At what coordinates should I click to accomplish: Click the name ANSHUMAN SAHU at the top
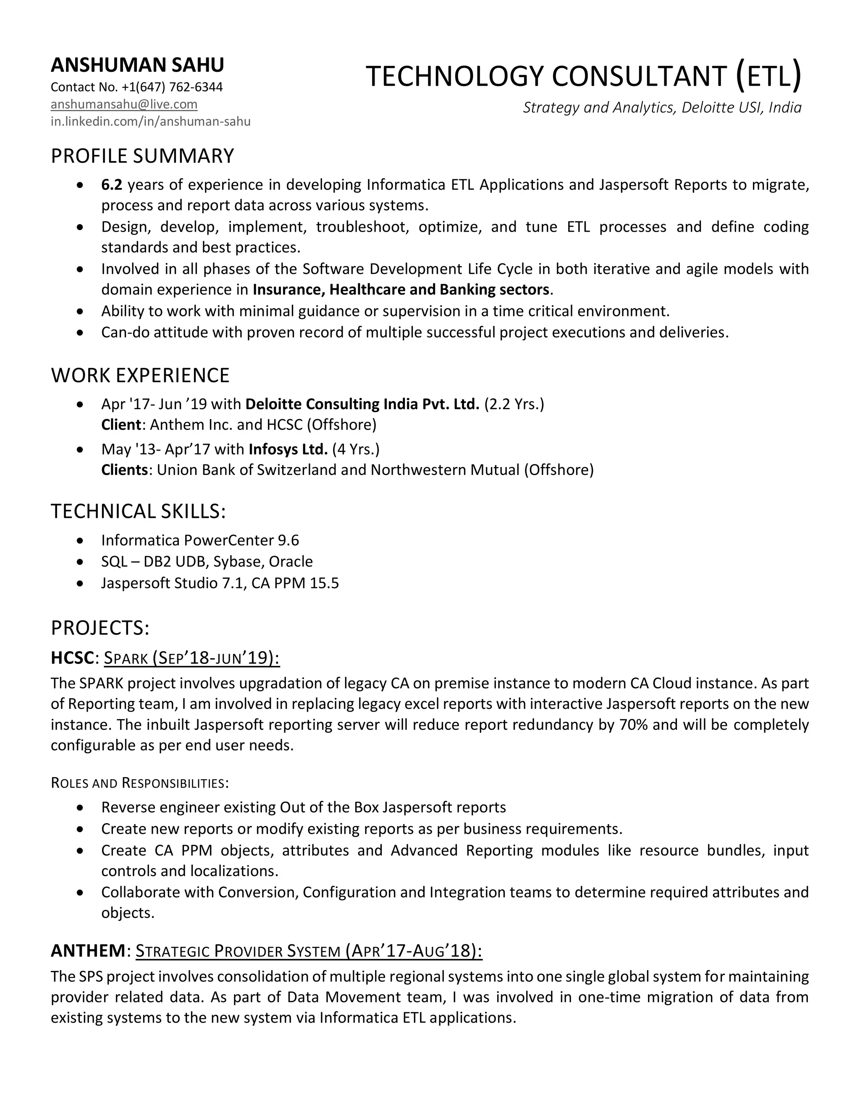137,65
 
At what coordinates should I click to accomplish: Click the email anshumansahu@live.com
124,104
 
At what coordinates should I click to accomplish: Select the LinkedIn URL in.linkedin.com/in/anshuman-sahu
150,122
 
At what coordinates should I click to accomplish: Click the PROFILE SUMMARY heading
142,156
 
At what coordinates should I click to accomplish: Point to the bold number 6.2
112,184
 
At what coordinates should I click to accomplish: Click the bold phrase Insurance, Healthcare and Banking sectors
401,290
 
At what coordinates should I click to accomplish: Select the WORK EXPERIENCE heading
140,375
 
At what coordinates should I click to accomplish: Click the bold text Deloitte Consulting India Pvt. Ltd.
362,404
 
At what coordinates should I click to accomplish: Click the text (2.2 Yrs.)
514,404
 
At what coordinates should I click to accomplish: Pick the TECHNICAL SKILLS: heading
138,511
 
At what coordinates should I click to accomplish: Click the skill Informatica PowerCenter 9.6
200,540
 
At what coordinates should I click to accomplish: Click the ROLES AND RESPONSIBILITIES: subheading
139,783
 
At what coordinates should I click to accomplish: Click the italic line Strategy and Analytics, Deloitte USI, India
662,107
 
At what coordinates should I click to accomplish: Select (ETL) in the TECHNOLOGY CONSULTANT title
769,76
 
